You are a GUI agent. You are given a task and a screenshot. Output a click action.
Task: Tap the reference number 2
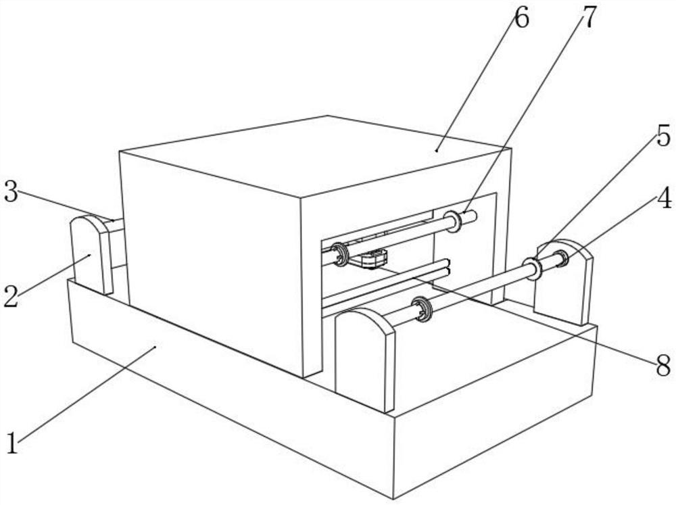click(x=10, y=295)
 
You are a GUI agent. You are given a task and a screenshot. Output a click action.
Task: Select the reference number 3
click(x=9, y=192)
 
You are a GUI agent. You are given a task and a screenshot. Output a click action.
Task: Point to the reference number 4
click(x=664, y=199)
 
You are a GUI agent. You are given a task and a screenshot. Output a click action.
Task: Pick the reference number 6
click(x=521, y=18)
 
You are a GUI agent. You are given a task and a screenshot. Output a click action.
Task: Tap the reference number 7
click(x=589, y=18)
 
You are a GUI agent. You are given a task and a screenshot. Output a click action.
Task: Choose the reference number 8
click(x=663, y=366)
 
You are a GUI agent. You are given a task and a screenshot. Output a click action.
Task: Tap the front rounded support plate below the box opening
click(x=364, y=358)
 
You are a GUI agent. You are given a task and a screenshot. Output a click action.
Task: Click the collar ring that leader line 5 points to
click(x=532, y=268)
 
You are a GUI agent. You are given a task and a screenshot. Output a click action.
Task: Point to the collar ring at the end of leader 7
click(x=452, y=221)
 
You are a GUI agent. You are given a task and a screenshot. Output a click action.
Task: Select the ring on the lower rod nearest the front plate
click(x=424, y=310)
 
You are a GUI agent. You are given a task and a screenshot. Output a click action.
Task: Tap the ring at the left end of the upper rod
click(x=339, y=254)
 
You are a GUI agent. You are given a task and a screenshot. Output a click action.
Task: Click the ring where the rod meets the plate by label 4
click(x=560, y=258)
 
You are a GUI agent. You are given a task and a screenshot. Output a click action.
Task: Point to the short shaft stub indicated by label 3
click(x=115, y=224)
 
